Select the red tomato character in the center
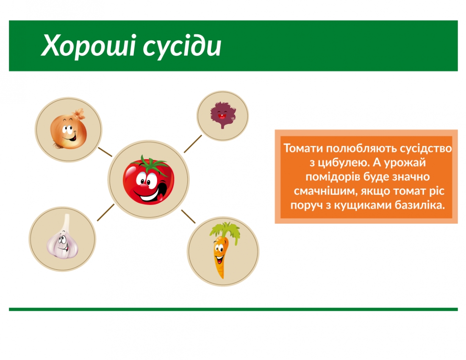(x=148, y=180)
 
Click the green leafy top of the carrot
(x=225, y=231)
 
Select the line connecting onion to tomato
(x=105, y=152)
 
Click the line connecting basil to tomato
(x=193, y=144)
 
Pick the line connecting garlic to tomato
(x=105, y=212)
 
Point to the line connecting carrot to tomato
(x=189, y=216)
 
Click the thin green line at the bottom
(x=233, y=309)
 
